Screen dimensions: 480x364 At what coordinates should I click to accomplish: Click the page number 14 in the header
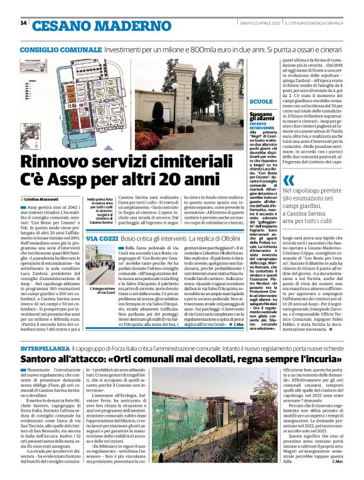pos(23,23)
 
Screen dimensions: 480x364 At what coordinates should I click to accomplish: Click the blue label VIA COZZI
pos(99,239)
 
